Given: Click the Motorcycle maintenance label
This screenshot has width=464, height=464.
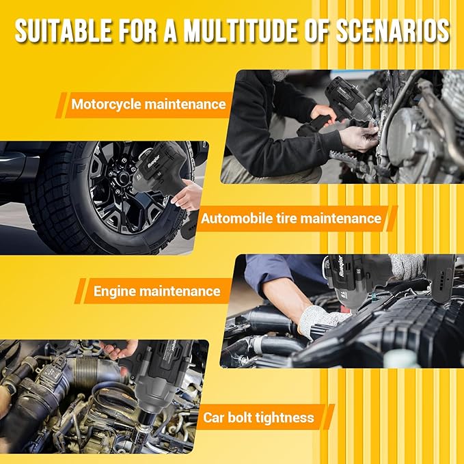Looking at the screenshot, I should click(148, 105).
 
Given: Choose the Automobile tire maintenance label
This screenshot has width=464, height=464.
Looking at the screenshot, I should click(290, 219).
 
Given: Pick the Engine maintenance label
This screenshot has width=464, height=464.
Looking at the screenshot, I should click(156, 291).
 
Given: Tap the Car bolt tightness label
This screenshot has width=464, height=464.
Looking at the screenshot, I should click(258, 418).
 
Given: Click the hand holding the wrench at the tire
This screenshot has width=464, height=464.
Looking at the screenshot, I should click(187, 195).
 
